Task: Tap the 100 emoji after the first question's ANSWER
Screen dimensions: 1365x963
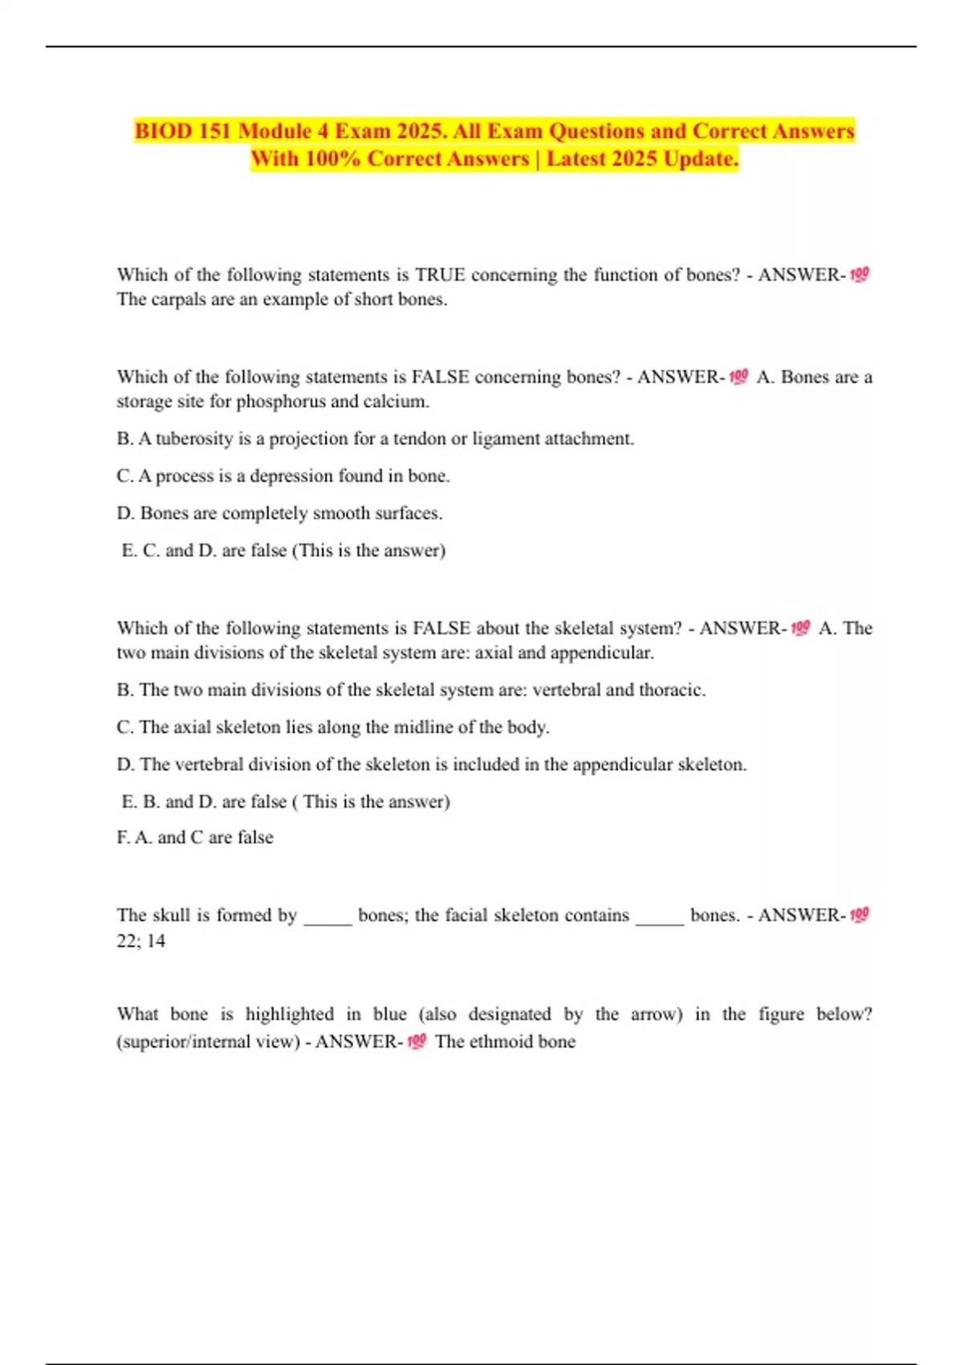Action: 859,275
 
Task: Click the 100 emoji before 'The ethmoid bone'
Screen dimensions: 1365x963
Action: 416,1041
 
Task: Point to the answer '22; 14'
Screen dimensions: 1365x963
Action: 141,940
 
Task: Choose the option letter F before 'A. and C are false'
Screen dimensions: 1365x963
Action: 123,837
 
